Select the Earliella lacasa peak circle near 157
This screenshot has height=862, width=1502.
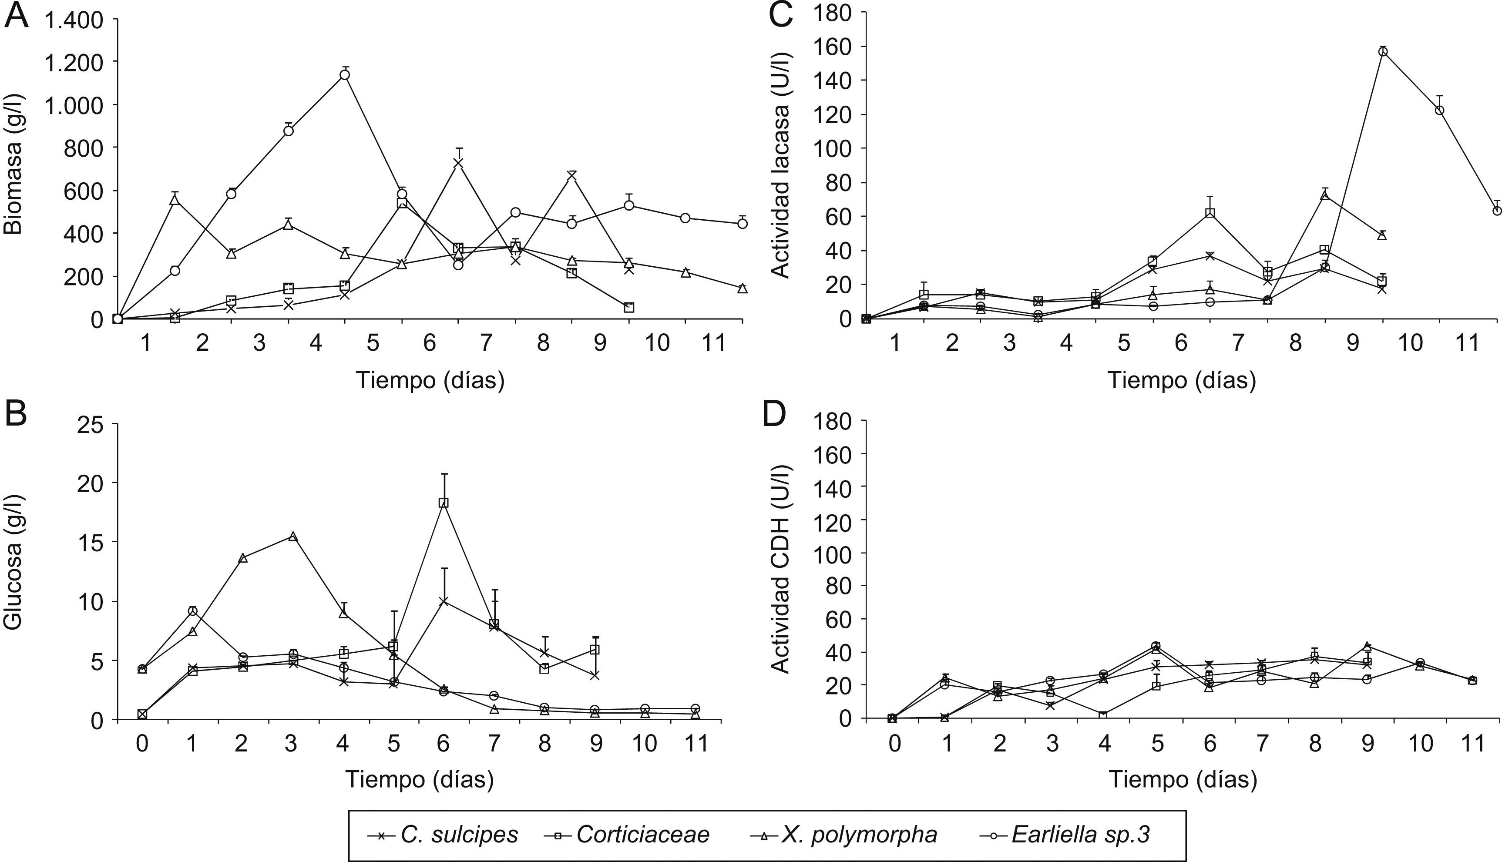click(1382, 51)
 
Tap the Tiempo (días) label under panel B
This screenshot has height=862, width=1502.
click(419, 779)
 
